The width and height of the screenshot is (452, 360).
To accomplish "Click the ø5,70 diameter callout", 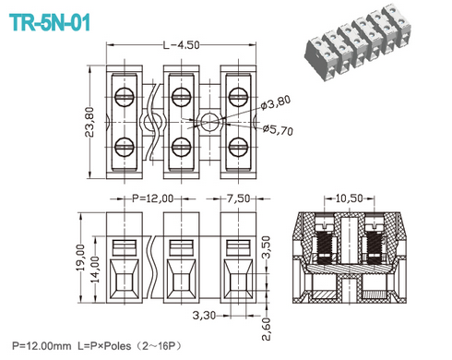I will (278, 131).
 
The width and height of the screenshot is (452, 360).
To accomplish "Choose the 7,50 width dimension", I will (238, 198).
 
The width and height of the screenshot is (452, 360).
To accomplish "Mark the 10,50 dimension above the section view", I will (350, 198).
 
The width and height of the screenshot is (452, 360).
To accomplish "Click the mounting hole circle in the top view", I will (211, 120).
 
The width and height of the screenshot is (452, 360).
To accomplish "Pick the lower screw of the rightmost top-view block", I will (238, 145).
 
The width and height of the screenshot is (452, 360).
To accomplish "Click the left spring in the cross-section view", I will (326, 248).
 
